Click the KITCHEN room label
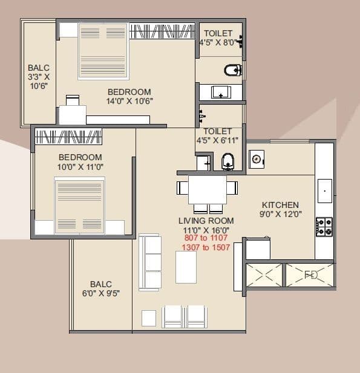coord(280,205)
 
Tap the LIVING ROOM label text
coord(206,221)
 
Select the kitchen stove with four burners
coord(324,227)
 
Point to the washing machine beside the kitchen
coord(258,159)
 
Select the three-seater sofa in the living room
coord(150,262)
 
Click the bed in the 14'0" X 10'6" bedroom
coord(102,51)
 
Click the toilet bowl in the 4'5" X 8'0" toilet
coord(233,71)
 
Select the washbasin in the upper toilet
coord(220,92)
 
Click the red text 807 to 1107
coord(206,238)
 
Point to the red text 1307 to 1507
coord(206,247)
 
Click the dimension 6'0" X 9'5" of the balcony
coord(101,294)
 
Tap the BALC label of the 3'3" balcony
coord(38,68)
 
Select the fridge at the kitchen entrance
coord(257,248)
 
